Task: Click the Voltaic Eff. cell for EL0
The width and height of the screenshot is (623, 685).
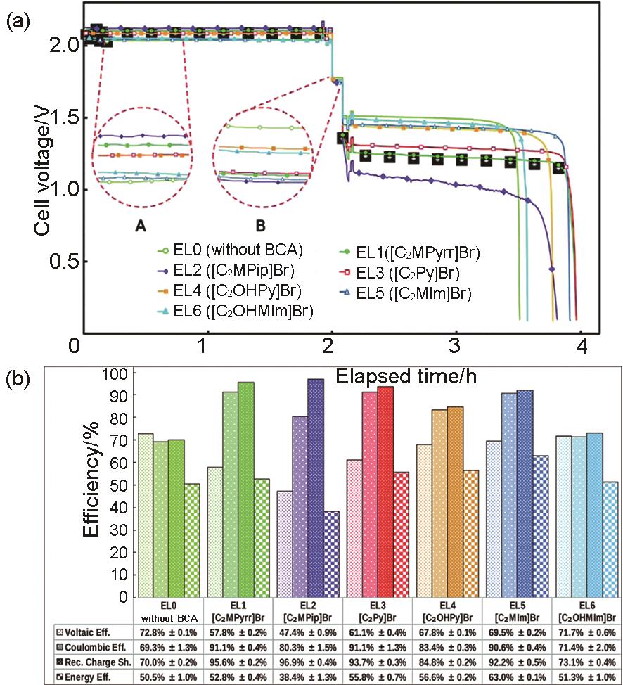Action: point(168,632)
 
